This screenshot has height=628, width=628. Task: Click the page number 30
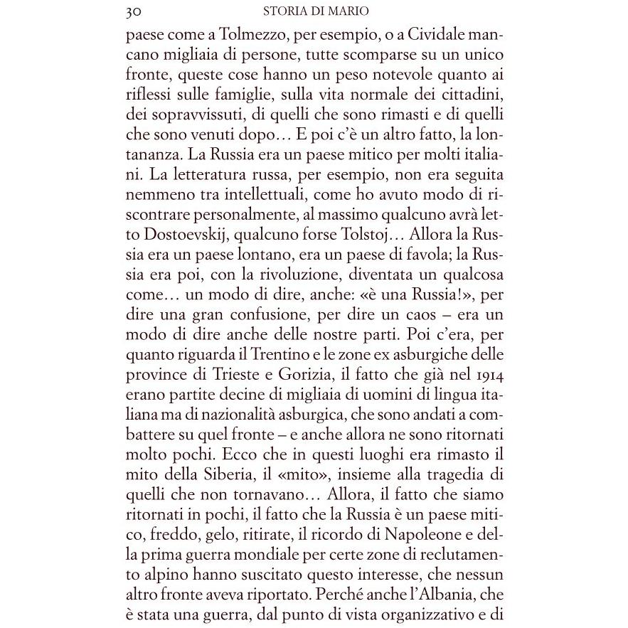132,11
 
